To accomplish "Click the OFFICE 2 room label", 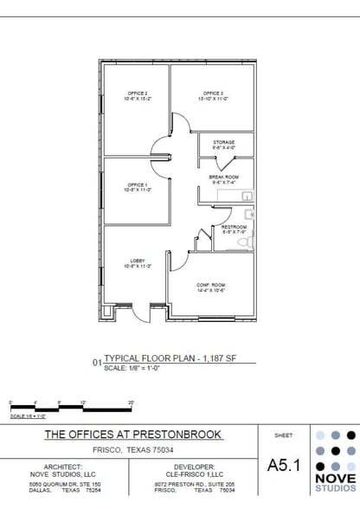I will point(137,93).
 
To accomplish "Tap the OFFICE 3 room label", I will point(214,93).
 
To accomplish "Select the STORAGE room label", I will point(224,142).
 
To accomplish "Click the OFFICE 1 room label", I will point(137,185).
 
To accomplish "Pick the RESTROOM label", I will point(234,227).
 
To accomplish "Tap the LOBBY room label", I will point(137,260).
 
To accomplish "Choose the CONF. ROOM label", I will point(210,286).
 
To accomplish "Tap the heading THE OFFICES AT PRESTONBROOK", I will point(133,434).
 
